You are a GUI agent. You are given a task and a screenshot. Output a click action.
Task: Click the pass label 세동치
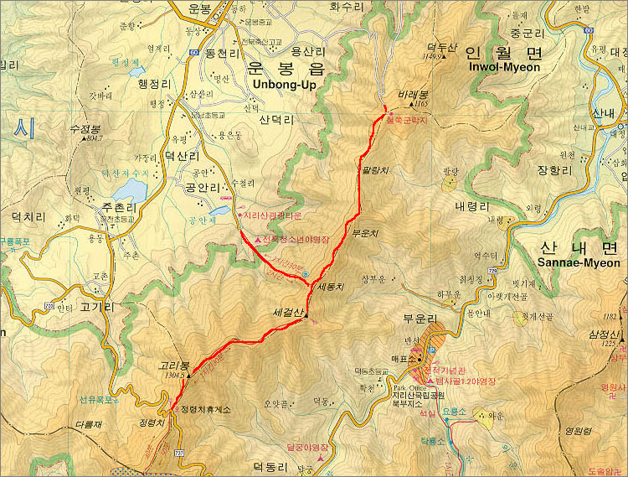[x=332, y=286]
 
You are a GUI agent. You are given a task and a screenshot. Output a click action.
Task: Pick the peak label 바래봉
[x=414, y=95]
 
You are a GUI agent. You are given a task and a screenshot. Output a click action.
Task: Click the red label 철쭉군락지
[x=407, y=120]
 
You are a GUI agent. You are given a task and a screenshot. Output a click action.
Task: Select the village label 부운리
[x=420, y=319]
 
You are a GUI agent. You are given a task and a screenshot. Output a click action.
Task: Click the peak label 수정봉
[x=85, y=128]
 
